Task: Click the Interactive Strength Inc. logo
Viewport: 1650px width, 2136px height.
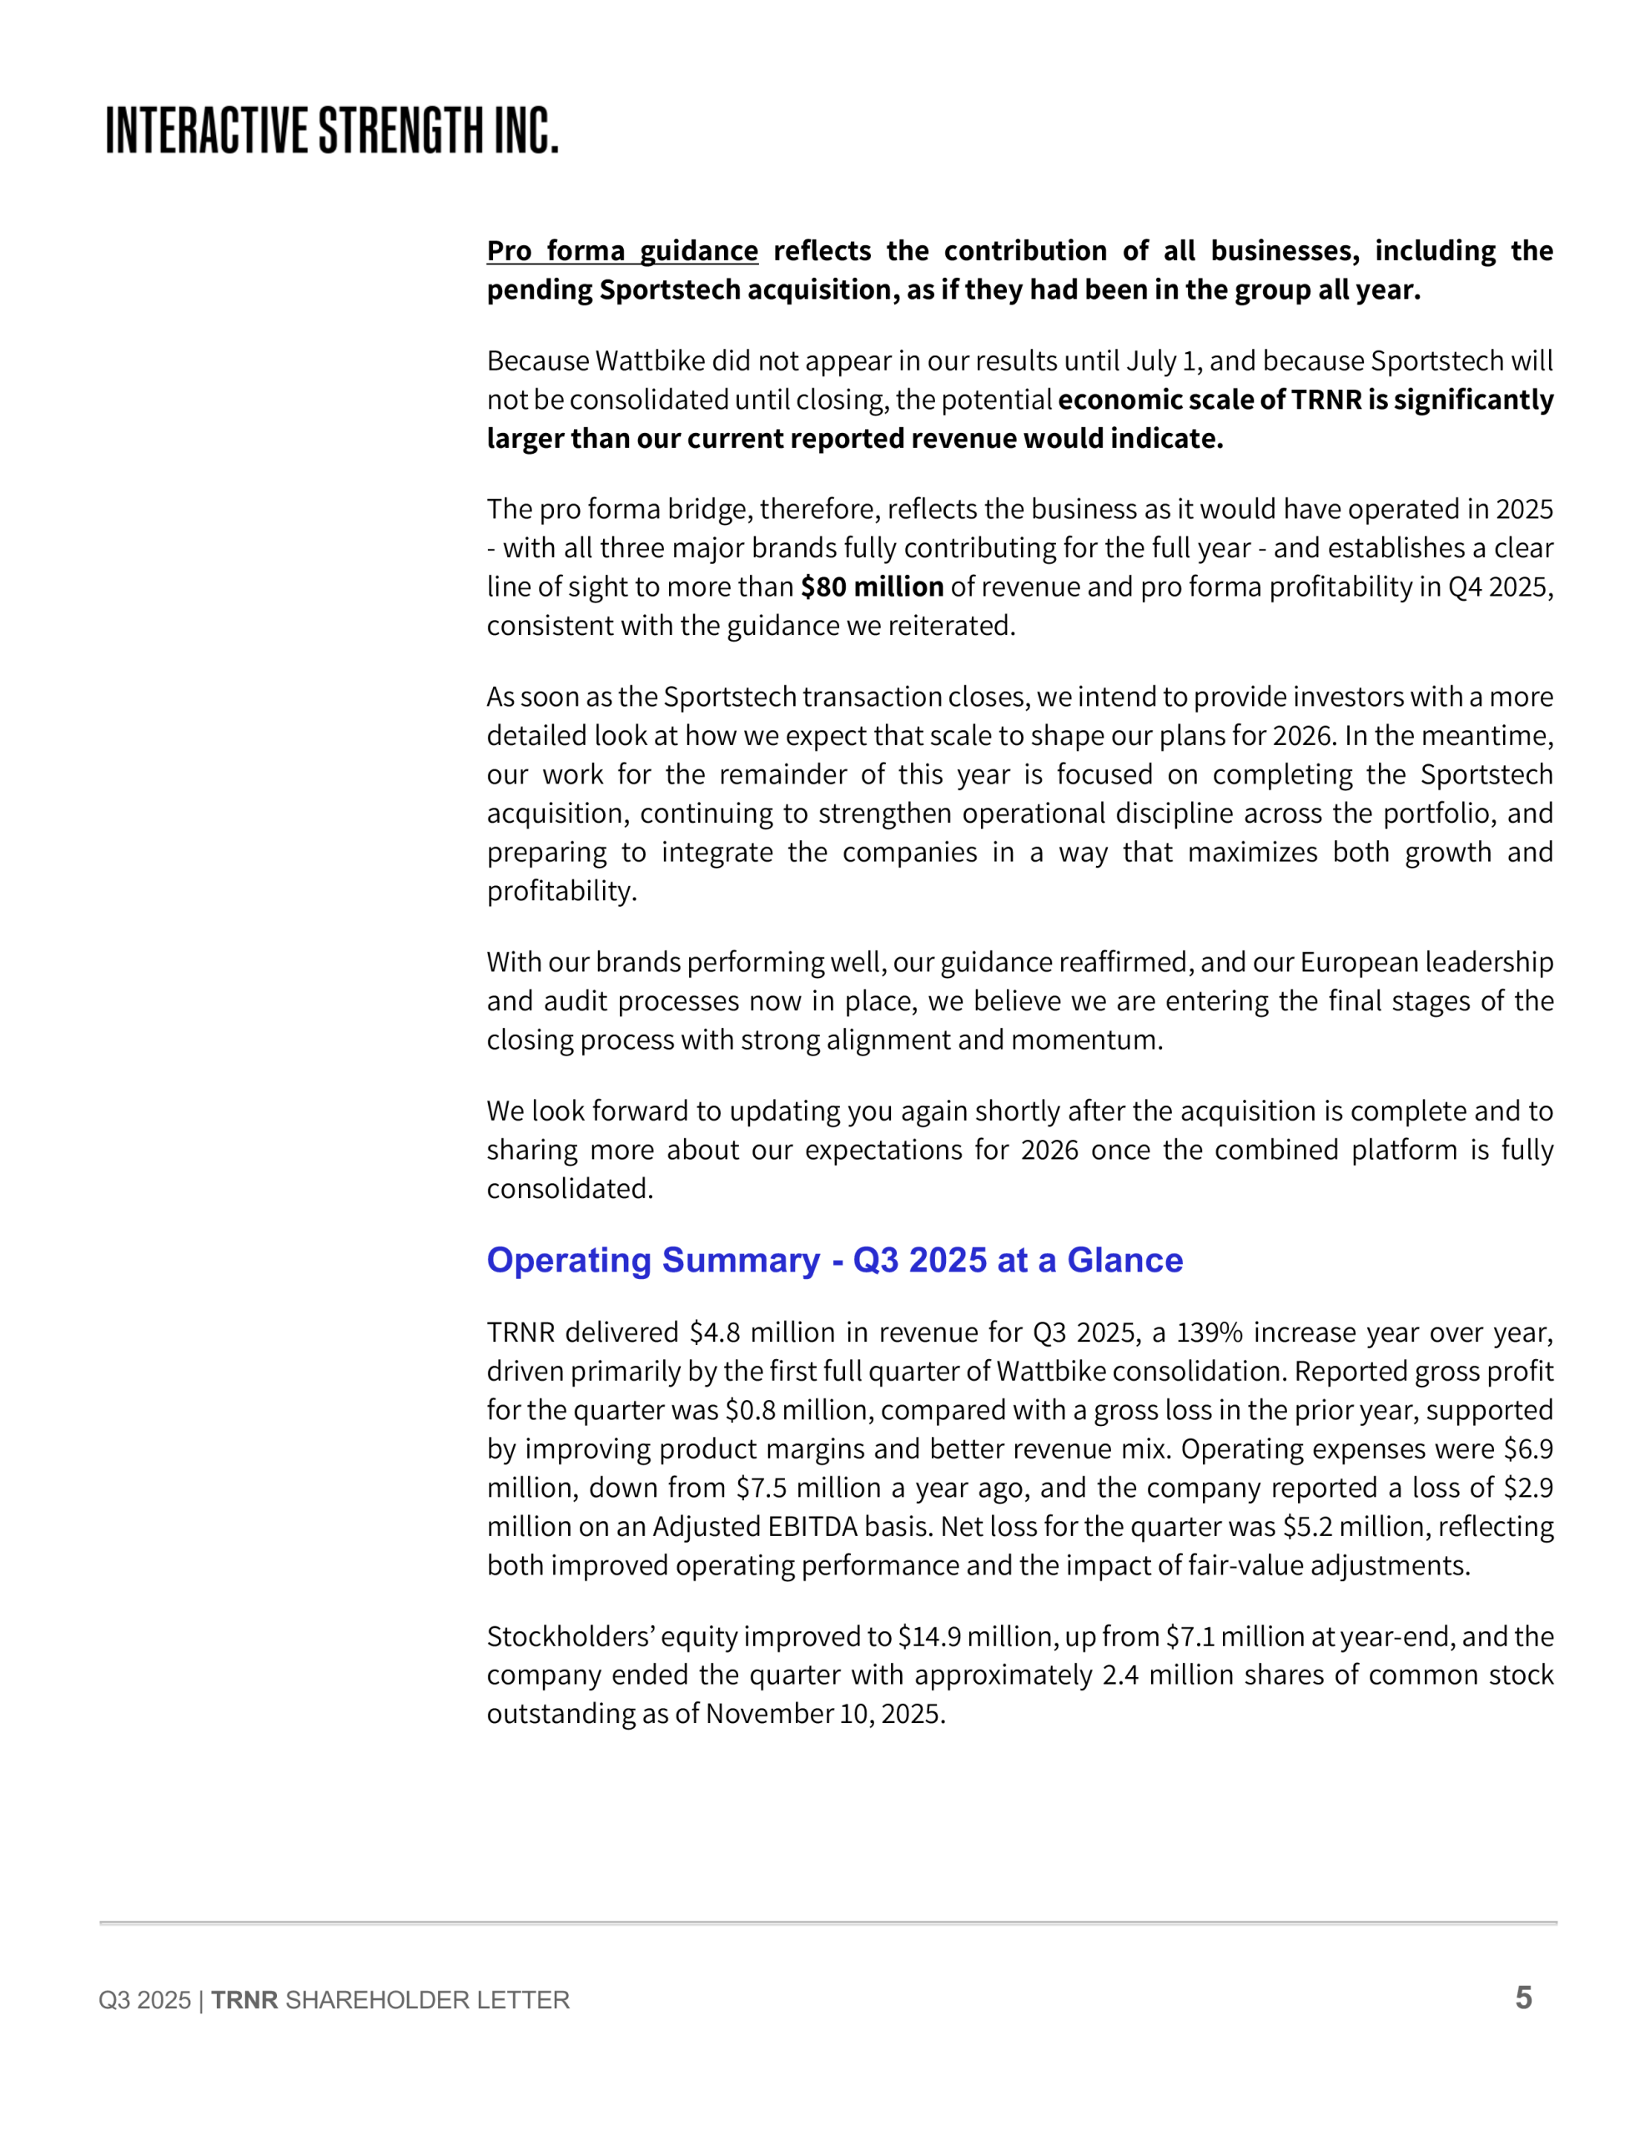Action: tap(331, 130)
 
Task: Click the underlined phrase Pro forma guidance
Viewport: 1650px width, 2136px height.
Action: tap(622, 251)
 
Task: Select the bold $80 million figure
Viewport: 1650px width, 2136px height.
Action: tap(872, 587)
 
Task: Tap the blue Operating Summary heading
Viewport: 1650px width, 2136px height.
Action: tap(834, 1260)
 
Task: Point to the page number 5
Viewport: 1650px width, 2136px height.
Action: tap(1523, 1997)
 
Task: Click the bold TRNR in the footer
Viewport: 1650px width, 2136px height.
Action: tap(244, 2000)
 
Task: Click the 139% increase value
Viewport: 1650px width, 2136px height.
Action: tap(1208, 1333)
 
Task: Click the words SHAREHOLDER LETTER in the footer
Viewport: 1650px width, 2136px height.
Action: tap(427, 2000)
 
